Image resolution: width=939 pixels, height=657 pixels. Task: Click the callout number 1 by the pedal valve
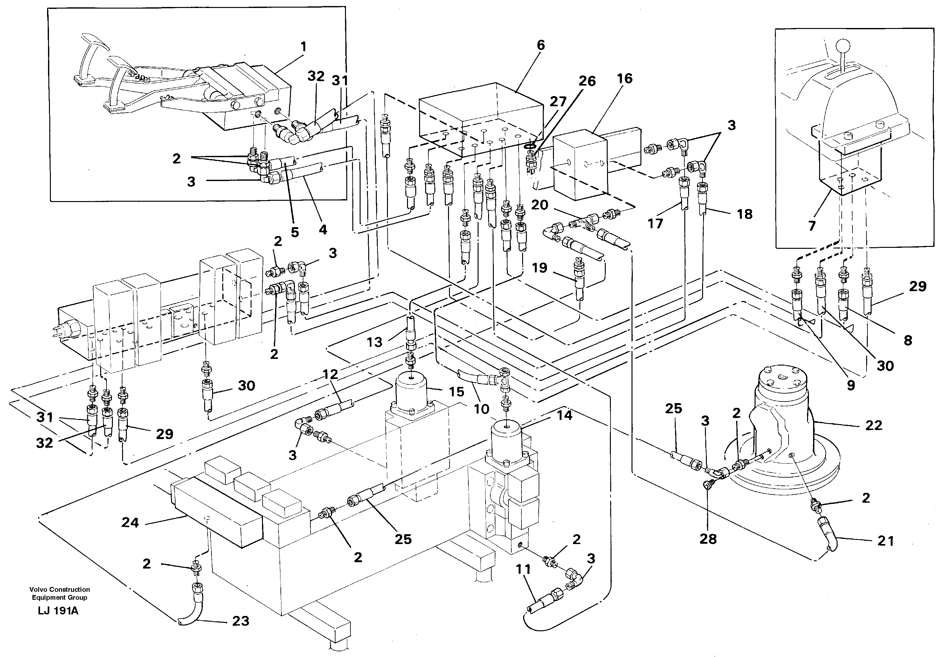pyautogui.click(x=303, y=47)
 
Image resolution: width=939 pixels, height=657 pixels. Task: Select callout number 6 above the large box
pyautogui.click(x=541, y=45)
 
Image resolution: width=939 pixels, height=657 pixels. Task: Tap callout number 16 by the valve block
pyautogui.click(x=625, y=79)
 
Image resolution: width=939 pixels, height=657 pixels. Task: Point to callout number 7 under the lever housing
pyautogui.click(x=812, y=225)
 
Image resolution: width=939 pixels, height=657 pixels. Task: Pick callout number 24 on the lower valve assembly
pyautogui.click(x=130, y=522)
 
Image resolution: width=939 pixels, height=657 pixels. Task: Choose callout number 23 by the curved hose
pyautogui.click(x=240, y=621)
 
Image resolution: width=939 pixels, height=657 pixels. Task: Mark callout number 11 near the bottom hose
pyautogui.click(x=523, y=569)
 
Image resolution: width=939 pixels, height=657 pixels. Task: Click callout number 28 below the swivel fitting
pyautogui.click(x=708, y=539)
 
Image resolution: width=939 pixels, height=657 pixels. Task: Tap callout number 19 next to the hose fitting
pyautogui.click(x=539, y=268)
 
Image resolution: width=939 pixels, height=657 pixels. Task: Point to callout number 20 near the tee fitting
pyautogui.click(x=539, y=205)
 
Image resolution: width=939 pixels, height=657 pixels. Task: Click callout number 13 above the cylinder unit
pyautogui.click(x=374, y=342)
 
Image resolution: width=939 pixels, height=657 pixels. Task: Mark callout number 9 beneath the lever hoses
pyautogui.click(x=851, y=385)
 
